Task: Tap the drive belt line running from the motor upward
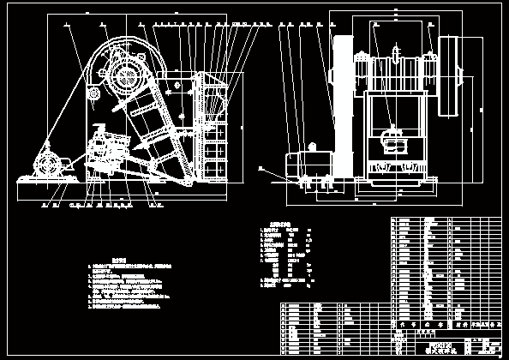(x=69, y=111)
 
